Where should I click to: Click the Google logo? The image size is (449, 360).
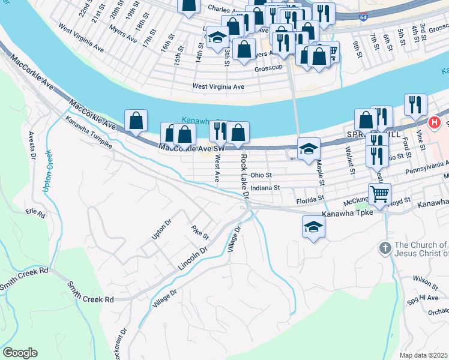[x=20, y=353]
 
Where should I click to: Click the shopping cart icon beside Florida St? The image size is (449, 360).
[x=379, y=194]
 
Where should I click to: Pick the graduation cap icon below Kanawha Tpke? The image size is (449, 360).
[x=313, y=226]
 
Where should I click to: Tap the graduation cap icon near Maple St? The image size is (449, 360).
[x=309, y=148]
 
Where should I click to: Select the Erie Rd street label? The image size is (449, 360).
[x=35, y=212]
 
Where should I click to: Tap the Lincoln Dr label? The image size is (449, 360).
[x=192, y=258]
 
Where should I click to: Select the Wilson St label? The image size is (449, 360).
[x=425, y=279]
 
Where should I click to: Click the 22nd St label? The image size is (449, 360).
[x=84, y=11]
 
